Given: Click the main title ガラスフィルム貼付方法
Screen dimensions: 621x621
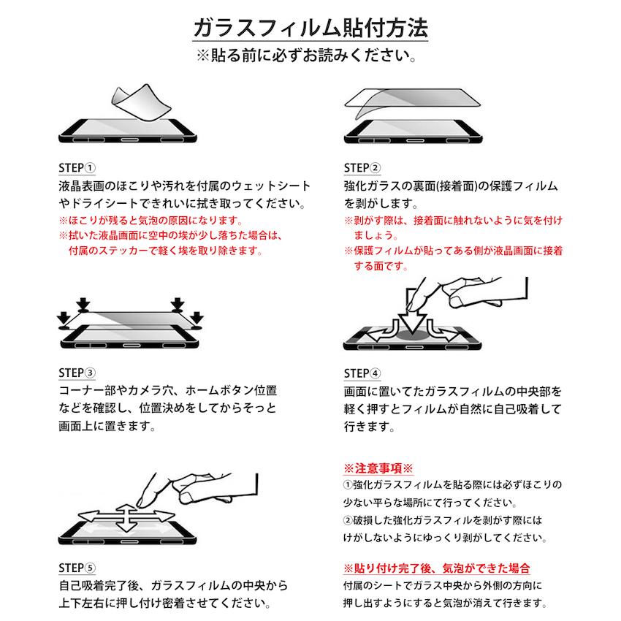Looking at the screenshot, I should [310, 28].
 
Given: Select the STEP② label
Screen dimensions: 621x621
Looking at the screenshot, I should [362, 167].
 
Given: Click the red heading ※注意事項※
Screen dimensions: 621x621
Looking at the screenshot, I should [378, 467].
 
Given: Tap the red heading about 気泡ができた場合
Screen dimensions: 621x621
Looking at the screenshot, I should [436, 568].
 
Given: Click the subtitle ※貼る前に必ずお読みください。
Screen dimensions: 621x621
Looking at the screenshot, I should [310, 57].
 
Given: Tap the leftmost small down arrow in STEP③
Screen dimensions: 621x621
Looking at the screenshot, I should [64, 318].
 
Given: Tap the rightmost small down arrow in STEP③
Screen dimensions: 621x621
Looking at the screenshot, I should [196, 318].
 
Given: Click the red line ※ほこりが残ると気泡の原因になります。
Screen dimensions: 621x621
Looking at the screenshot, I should [150, 220].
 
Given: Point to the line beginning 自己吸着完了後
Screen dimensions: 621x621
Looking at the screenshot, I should [172, 586].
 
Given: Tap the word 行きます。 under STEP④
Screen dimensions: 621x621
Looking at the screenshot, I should [370, 426].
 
